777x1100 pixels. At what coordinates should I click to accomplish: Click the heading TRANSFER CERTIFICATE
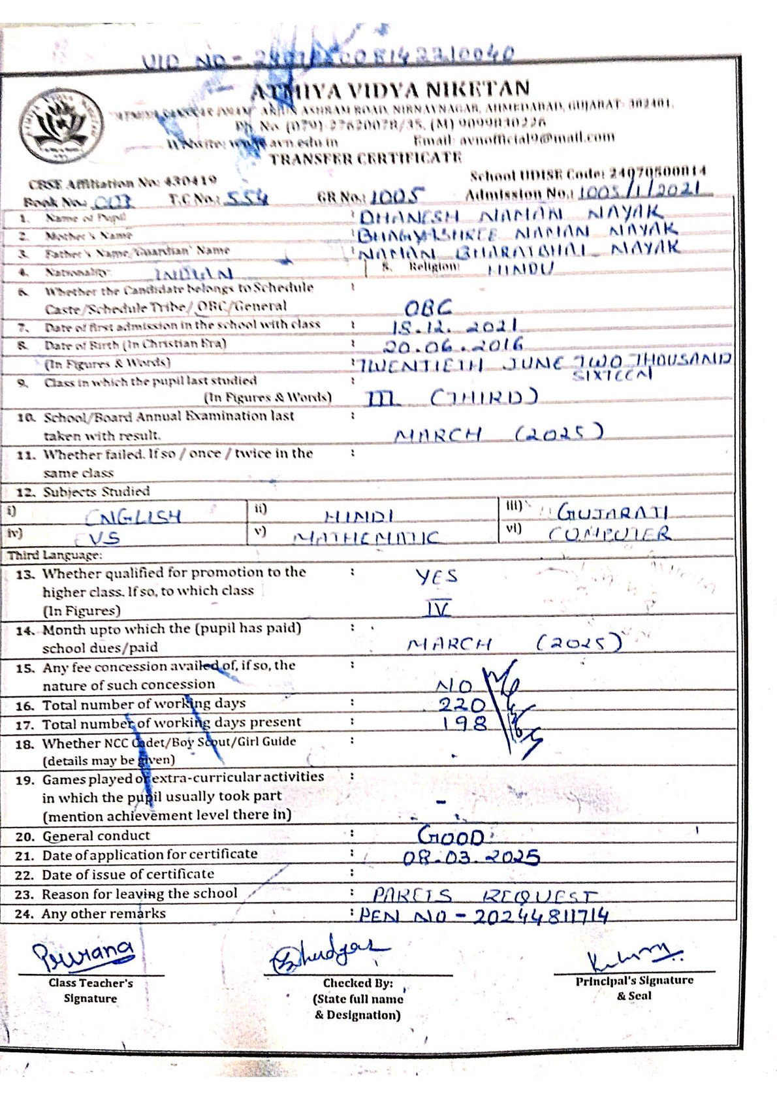click(366, 158)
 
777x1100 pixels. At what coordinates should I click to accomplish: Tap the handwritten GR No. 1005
click(398, 195)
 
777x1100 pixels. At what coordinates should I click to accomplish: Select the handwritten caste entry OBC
click(428, 307)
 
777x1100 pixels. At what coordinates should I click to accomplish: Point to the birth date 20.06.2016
click(453, 346)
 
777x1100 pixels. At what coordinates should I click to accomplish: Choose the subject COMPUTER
click(609, 534)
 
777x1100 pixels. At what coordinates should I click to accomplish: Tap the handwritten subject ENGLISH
click(133, 517)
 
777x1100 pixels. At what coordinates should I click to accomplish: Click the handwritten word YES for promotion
click(436, 576)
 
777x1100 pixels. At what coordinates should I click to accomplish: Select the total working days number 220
click(461, 705)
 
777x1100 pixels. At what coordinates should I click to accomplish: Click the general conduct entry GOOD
click(451, 836)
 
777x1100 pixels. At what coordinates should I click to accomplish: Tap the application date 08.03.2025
click(471, 857)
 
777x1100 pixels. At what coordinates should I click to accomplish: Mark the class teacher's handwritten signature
click(85, 954)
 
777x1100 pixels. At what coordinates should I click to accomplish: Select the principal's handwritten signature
click(633, 958)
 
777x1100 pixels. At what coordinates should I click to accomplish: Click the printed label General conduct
click(96, 836)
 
